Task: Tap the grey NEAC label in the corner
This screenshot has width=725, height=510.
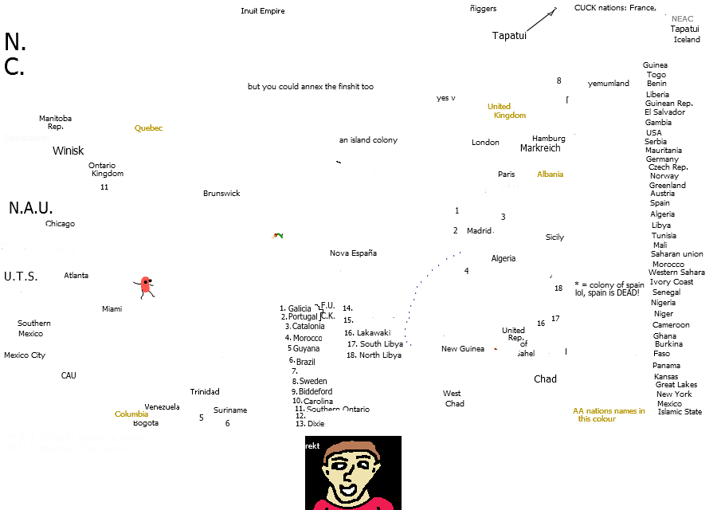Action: pos(682,18)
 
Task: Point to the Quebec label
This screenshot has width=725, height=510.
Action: pos(148,128)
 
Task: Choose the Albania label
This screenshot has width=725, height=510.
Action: pos(550,175)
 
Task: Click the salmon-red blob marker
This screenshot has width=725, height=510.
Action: pos(145,284)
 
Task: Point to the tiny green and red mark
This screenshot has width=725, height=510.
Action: pos(276,235)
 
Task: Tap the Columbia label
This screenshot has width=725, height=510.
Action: pos(131,414)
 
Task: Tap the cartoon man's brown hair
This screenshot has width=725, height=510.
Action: pos(351,448)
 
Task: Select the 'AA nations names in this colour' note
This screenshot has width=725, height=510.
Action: pos(608,414)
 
